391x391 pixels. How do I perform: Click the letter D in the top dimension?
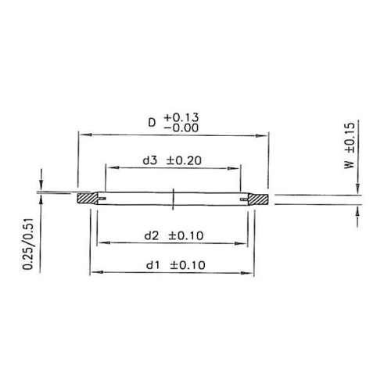[x=152, y=123]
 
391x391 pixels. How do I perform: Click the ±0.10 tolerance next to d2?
[x=186, y=235]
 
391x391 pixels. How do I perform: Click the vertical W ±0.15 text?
[x=350, y=145]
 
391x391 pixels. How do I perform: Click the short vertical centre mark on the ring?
[x=172, y=199]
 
